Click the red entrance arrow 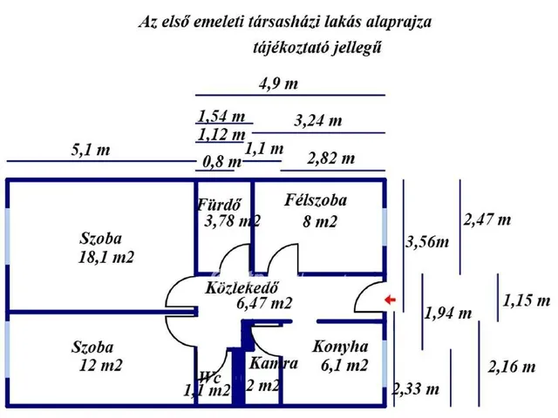tap(391, 300)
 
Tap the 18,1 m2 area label tap(106, 257)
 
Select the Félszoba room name tap(316, 200)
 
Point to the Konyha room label tap(340, 347)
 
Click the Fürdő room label tap(219, 205)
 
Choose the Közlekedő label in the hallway tap(242, 287)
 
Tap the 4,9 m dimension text tap(278, 84)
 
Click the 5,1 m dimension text tap(91, 150)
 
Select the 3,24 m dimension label tap(317, 121)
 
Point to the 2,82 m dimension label tap(331, 158)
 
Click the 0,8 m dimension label tap(222, 162)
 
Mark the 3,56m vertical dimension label tap(427, 242)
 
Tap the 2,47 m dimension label tap(487, 219)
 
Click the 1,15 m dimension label tap(527, 300)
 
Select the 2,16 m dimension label tap(512, 367)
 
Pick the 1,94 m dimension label tap(448, 313)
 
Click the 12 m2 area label tap(101, 366)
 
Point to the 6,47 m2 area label tap(264, 303)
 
